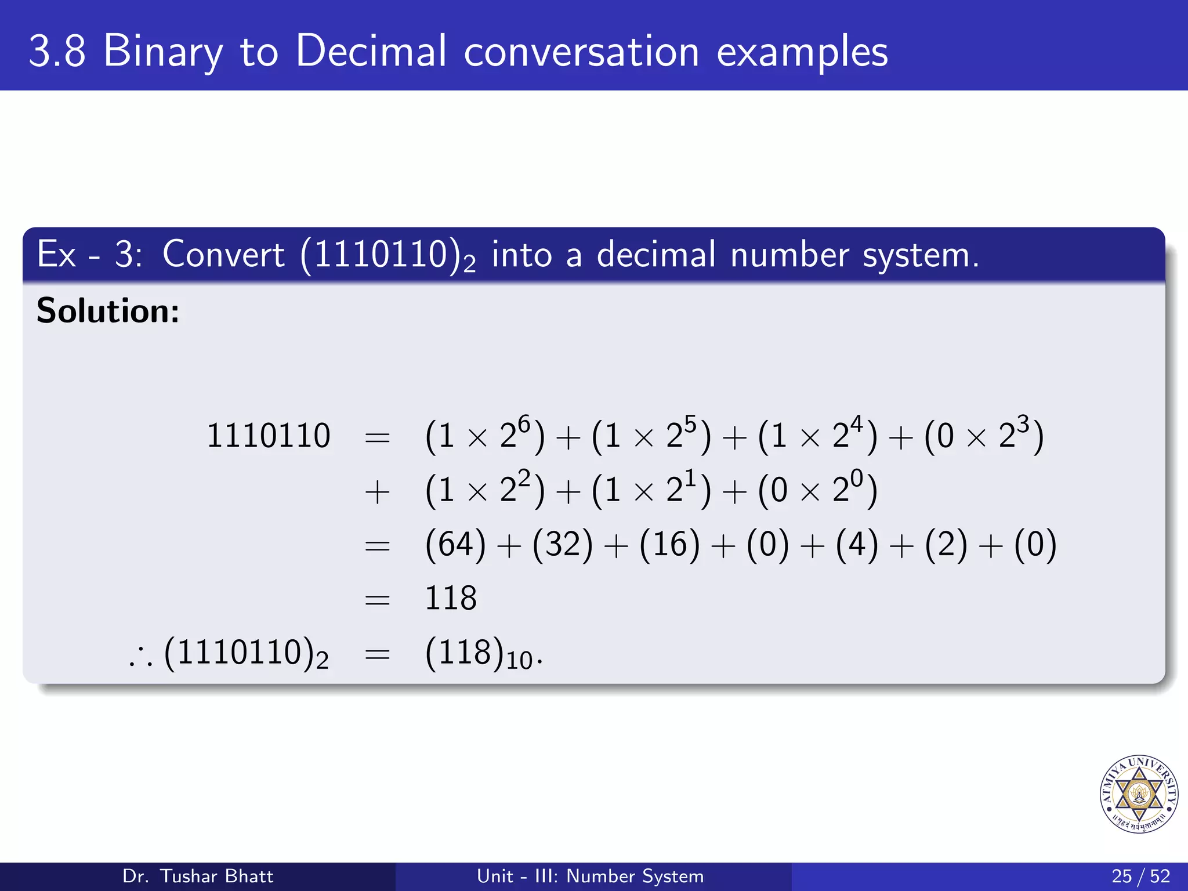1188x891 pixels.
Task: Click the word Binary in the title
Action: click(x=162, y=52)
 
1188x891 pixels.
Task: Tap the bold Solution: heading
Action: click(x=108, y=310)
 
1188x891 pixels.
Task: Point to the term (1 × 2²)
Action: click(x=485, y=490)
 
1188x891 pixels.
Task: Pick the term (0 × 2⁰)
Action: click(x=817, y=490)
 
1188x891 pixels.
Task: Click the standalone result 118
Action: click(x=451, y=598)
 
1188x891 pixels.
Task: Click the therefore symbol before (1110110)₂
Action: click(x=141, y=658)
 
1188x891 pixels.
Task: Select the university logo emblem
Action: click(x=1139, y=794)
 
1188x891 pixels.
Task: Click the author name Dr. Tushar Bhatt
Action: click(x=198, y=876)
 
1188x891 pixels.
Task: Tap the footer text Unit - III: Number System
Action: click(x=590, y=876)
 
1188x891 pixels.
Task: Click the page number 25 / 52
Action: click(x=1140, y=876)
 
